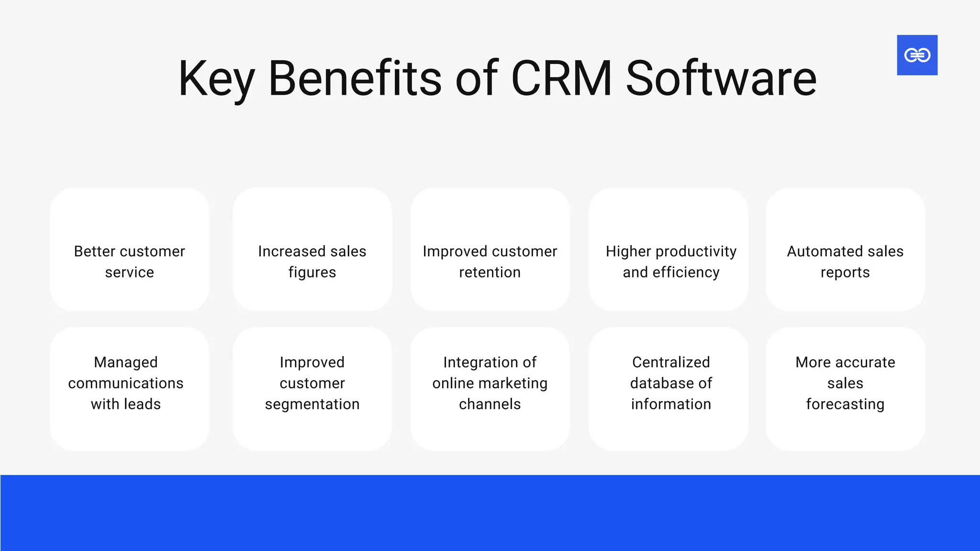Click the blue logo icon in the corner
point(917,55)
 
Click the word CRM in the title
point(561,79)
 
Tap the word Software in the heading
point(721,79)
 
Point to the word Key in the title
point(216,79)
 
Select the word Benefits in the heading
point(355,79)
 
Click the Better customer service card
point(129,249)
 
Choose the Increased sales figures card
point(312,249)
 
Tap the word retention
point(490,273)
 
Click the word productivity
point(696,252)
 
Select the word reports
point(845,273)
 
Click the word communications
point(126,384)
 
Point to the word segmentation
point(312,405)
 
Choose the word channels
point(490,404)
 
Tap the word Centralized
point(671,363)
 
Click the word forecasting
point(845,405)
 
